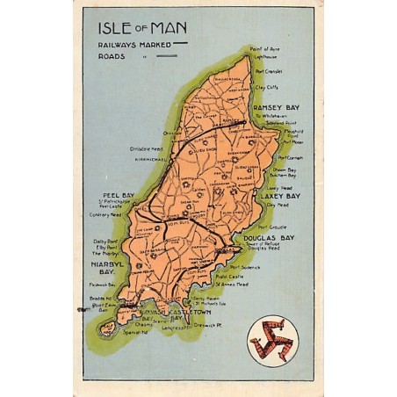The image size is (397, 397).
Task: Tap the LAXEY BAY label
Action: (280, 195)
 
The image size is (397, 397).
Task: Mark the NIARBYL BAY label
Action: (110, 266)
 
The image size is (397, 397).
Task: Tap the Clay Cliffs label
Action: (266, 88)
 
